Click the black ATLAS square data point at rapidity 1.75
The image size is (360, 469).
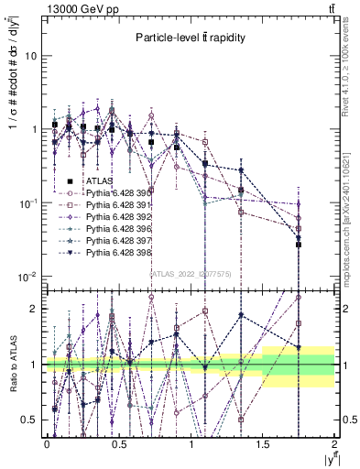(299, 245)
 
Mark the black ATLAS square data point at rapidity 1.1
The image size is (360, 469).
(205, 163)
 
